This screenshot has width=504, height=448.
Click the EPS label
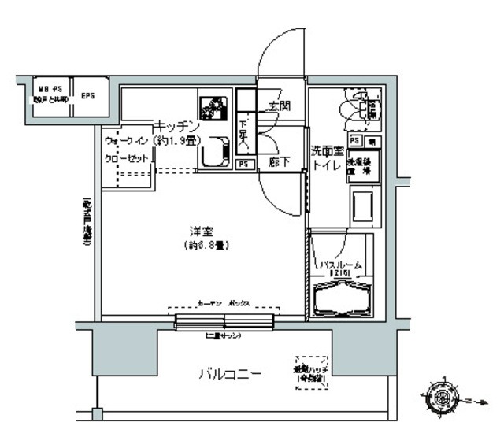(87, 97)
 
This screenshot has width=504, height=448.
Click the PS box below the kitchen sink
(244, 164)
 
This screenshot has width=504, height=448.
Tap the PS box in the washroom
(354, 140)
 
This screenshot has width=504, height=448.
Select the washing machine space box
(364, 166)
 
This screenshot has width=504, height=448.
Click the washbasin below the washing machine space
(364, 208)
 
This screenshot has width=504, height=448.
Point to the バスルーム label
(339, 265)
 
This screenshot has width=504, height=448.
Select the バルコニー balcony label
(229, 372)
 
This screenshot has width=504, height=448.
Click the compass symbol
(439, 398)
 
